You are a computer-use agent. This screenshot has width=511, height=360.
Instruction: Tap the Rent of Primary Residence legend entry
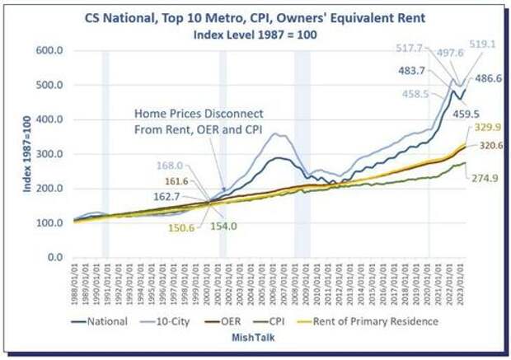coord(383,321)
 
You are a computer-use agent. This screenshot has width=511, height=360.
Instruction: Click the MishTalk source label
coord(255,338)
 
